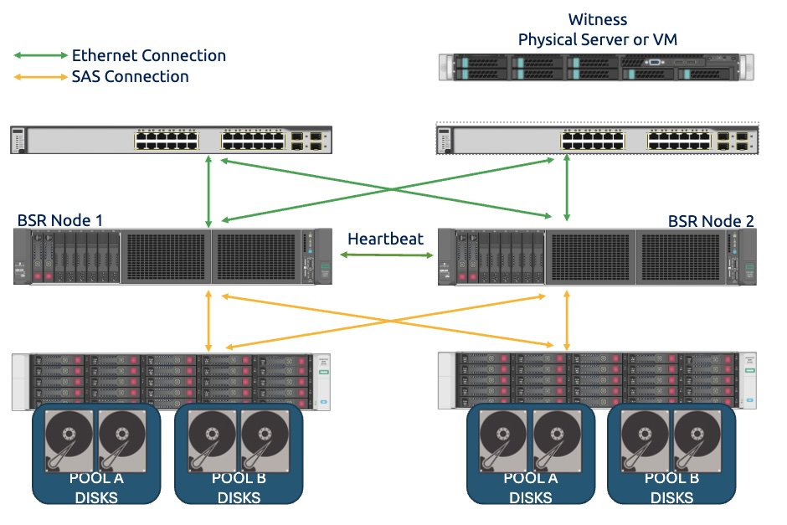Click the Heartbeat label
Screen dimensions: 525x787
tap(385, 239)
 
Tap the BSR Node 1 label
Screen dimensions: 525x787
tap(59, 220)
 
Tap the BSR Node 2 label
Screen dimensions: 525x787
tap(711, 221)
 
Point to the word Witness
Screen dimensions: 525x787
tap(597, 19)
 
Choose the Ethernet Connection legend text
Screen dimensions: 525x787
tap(149, 56)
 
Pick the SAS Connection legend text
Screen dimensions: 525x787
tap(130, 77)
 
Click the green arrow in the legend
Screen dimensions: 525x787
tap(40, 55)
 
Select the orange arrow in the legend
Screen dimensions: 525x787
tap(40, 77)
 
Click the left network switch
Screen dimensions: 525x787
tap(172, 140)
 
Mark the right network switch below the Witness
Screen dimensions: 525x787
tap(597, 140)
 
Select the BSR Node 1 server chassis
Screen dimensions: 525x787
tap(172, 256)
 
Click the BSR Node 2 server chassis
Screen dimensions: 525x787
tap(597, 256)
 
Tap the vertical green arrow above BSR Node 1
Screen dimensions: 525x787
tap(208, 192)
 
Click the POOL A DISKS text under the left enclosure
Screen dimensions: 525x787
tap(97, 488)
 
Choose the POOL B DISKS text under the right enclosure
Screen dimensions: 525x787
tap(671, 488)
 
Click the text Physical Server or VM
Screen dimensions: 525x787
tap(597, 39)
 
